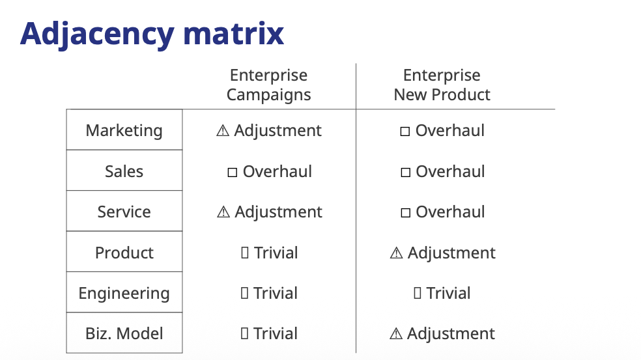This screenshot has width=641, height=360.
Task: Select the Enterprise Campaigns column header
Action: coord(268,85)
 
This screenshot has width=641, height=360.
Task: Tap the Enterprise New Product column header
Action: coord(442,85)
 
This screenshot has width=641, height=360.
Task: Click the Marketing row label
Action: coord(124,131)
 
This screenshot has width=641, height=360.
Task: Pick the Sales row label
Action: coord(124,171)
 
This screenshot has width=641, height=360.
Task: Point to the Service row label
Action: coord(124,212)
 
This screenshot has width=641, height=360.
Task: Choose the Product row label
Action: coord(124,253)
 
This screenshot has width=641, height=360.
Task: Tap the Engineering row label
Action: coord(124,294)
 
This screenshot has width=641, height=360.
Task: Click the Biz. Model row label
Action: coord(124,333)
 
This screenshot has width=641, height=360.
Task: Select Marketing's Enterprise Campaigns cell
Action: coord(268,131)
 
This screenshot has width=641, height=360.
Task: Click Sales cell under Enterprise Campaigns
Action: coord(270,171)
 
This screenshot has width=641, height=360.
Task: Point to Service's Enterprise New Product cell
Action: coord(443,212)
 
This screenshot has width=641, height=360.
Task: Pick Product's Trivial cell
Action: coord(270,253)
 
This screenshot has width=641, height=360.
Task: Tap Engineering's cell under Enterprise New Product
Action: coord(442,293)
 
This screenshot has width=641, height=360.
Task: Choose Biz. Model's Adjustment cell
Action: coord(442,333)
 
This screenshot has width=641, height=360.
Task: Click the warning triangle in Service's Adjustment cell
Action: coord(223,212)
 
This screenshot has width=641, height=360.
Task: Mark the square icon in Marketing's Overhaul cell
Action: coord(405,131)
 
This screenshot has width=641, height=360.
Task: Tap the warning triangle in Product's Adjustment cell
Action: coord(396,253)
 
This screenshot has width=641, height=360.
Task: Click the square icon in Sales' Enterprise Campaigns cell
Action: coord(232,172)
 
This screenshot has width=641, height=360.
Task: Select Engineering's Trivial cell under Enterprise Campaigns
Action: coord(269,293)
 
